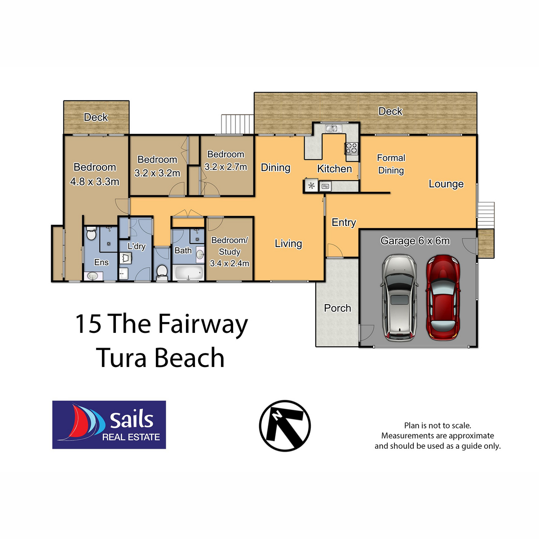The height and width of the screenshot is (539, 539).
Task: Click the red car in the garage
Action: pos(443,297)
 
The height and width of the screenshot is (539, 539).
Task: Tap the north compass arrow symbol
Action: pos(285,425)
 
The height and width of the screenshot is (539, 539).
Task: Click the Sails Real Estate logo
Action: pos(109,425)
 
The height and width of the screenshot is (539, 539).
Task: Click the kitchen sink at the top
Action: pos(332,129)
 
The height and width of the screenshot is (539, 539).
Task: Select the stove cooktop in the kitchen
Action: pos(351,148)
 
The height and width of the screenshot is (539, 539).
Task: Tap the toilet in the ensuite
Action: pos(91,234)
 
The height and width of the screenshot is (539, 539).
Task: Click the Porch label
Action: pos(337,308)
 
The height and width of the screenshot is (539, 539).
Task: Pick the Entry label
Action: pos(344,222)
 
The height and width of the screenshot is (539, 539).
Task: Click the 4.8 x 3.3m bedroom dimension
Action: pos(95,182)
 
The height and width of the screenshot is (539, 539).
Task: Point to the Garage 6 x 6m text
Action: pos(415,241)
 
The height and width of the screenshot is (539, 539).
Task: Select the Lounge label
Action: pos(446,184)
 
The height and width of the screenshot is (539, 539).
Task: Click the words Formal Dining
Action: pos(391,164)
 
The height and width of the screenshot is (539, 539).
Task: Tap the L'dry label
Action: pos(137,246)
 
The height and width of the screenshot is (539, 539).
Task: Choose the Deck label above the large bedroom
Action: pos(96,117)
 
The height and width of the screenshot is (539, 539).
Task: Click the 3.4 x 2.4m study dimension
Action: pos(230,263)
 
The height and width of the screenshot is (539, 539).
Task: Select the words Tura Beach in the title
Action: pos(160,358)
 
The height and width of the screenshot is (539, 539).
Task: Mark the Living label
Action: pos(288,243)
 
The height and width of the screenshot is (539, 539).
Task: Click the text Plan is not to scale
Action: pos(437,425)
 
